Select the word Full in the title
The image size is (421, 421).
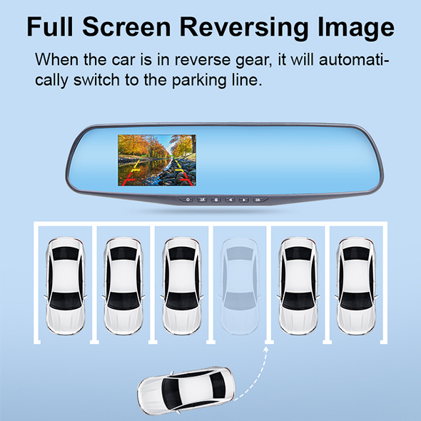(x=50, y=26)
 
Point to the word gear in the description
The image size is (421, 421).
(x=252, y=61)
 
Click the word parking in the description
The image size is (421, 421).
(x=198, y=81)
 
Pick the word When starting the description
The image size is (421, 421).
(x=57, y=59)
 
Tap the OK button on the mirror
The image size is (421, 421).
(x=258, y=200)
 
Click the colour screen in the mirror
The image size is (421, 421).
(x=157, y=161)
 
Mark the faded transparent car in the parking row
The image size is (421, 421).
(x=240, y=286)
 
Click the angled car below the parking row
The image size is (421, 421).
(x=186, y=390)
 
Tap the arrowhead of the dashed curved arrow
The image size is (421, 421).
(x=266, y=349)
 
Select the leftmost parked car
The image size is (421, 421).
(x=65, y=286)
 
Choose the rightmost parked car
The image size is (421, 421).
(x=356, y=286)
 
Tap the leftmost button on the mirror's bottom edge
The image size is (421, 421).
(x=188, y=200)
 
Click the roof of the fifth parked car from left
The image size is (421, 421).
(x=298, y=276)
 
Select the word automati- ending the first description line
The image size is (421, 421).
(x=354, y=60)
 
